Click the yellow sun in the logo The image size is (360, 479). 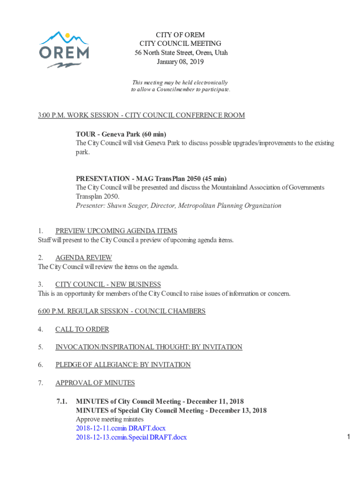tap(68, 35)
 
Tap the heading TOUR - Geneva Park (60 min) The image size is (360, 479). tap(121, 134)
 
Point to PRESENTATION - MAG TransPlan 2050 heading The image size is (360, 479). tap(151, 179)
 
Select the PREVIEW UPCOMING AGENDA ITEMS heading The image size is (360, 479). tap(116, 231)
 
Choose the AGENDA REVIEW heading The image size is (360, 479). tap(83, 258)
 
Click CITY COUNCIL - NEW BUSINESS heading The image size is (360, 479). tap(108, 284)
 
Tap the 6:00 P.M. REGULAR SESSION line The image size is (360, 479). tap(122, 311)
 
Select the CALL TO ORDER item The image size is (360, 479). tap(82, 329)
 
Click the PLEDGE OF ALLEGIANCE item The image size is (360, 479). tap(122, 365)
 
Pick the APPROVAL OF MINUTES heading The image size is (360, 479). tap(95, 383)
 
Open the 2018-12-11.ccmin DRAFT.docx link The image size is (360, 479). tap(121, 428)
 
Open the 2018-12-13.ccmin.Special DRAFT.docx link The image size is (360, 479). tap(131, 437)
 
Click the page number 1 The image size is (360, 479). tap(349, 437)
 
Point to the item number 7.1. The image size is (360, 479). tap(62, 401)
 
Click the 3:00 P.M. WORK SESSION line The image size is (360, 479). tap(141, 116)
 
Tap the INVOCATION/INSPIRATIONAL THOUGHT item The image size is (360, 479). tap(149, 347)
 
